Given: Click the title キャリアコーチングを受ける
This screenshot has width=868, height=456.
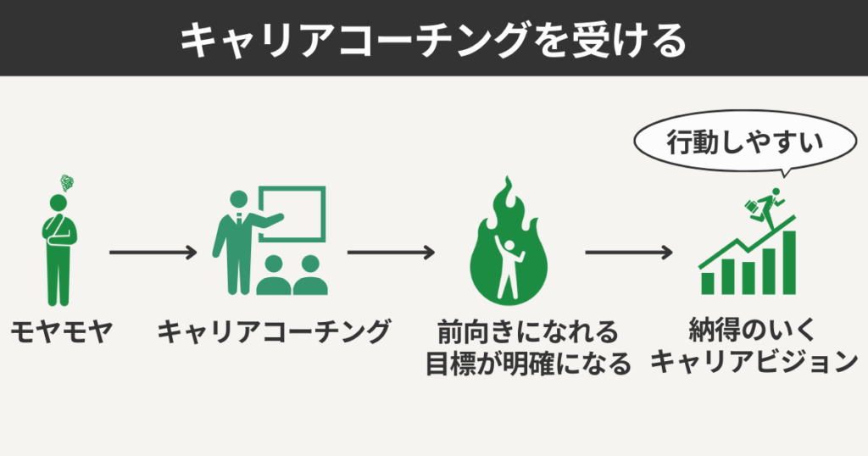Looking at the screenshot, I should pos(433,39).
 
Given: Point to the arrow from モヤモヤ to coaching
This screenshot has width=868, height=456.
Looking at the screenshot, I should pos(153,253).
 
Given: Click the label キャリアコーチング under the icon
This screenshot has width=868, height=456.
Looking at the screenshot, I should pos(274,332).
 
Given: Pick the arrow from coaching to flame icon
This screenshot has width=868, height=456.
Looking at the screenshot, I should pos(391,253).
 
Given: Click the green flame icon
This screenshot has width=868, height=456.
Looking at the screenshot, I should pos(509,246).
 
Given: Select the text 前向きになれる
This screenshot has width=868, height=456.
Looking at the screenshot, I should pos(527,331).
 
